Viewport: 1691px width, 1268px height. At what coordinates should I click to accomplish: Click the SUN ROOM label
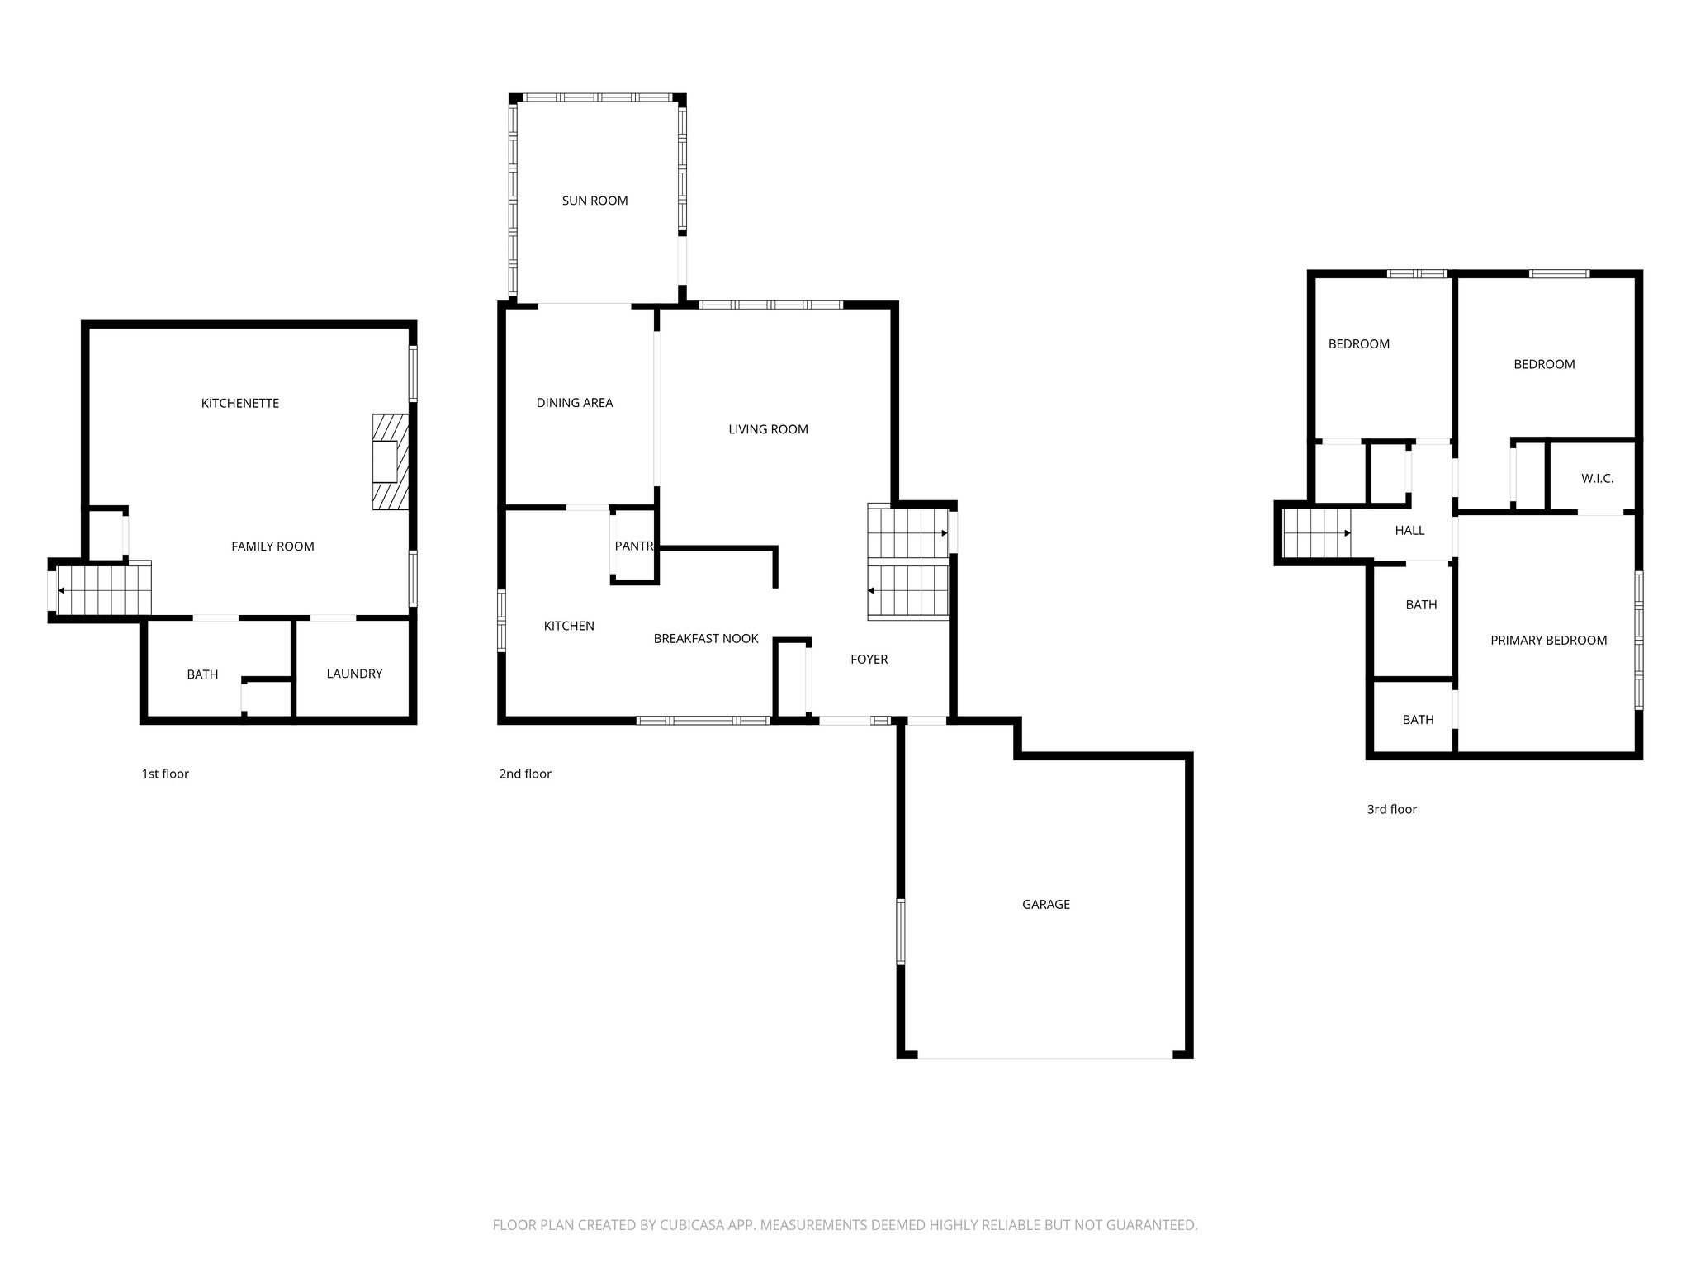[594, 201]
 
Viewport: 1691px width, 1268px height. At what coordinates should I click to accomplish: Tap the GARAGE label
[1045, 904]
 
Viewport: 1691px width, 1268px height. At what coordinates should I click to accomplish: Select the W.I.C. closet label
[1597, 479]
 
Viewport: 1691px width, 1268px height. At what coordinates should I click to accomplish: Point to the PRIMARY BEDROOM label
[1548, 641]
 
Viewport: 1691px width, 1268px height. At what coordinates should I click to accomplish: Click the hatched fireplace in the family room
[390, 461]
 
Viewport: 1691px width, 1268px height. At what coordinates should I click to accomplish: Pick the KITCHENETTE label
[240, 403]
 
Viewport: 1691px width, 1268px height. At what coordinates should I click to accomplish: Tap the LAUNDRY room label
[354, 674]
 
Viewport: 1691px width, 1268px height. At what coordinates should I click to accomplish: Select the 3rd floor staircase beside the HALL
[1316, 533]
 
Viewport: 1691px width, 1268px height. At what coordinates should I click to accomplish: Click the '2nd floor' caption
[525, 774]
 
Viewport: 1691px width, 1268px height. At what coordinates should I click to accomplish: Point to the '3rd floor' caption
[1391, 809]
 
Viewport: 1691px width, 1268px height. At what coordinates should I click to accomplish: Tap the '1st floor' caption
[165, 774]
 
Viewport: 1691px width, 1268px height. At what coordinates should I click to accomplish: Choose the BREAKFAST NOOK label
[705, 638]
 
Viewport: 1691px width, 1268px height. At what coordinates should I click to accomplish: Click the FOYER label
[869, 659]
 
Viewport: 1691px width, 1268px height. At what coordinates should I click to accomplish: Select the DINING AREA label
[575, 403]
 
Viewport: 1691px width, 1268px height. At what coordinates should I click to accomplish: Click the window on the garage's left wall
[901, 931]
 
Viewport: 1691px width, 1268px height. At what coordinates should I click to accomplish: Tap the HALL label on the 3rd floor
[1409, 531]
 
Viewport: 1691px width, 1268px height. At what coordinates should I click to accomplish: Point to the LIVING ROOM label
[768, 429]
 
